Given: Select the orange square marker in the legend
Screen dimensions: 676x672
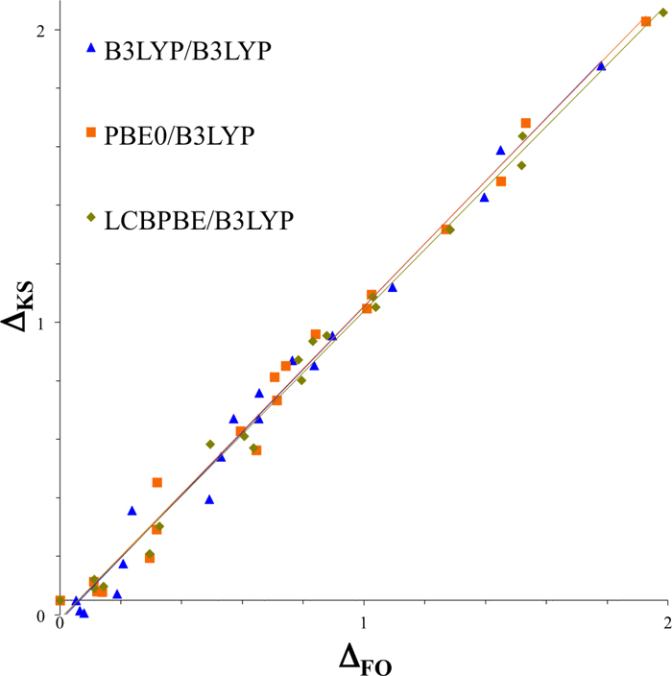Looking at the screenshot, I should click(x=91, y=133).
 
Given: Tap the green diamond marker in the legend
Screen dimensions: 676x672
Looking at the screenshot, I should click(x=91, y=217).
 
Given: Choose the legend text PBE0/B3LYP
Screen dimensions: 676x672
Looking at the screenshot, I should click(x=180, y=134).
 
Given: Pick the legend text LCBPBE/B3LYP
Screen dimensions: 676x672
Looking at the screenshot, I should click(x=198, y=219).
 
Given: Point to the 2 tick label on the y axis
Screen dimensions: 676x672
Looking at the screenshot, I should click(x=41, y=30).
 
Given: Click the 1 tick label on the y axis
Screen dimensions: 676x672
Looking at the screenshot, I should click(x=41, y=323).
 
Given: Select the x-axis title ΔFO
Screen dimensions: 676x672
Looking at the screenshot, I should click(x=365, y=660).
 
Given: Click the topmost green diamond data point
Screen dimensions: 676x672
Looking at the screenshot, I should click(x=662, y=12).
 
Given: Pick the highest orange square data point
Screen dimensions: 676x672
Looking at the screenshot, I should click(x=646, y=21).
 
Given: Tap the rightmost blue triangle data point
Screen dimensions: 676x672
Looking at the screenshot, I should click(x=601, y=66).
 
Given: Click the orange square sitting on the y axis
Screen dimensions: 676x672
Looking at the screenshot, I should click(x=60, y=600).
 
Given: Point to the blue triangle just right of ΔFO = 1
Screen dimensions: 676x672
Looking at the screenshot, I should click(x=392, y=287).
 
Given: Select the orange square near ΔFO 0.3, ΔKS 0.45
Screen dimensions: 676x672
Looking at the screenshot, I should click(x=157, y=482).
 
